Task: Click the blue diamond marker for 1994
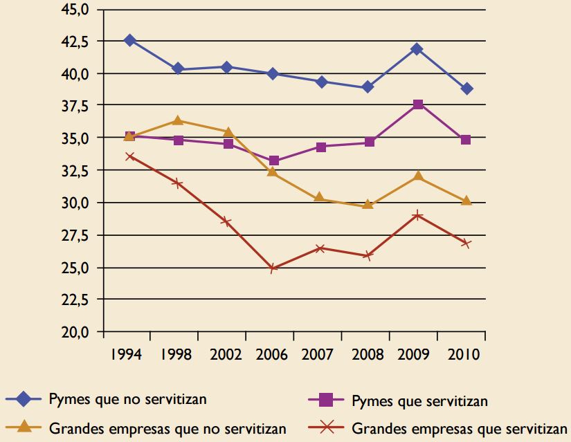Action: tap(129, 40)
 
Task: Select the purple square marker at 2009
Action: tap(418, 104)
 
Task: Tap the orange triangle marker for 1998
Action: tap(178, 121)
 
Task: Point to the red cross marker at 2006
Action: tap(274, 268)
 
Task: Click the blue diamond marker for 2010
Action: tap(466, 89)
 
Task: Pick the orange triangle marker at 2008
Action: tap(368, 204)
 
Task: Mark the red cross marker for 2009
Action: tap(418, 215)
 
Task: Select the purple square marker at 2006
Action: tap(274, 160)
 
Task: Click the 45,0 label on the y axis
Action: tap(76, 10)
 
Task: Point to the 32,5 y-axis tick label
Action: tap(76, 171)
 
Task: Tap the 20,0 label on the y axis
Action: tap(76, 332)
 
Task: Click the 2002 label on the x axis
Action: tap(226, 355)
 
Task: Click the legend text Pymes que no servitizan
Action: tap(127, 399)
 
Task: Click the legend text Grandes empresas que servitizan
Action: tap(460, 428)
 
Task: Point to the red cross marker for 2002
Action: tap(226, 221)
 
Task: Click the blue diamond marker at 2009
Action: tap(418, 49)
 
